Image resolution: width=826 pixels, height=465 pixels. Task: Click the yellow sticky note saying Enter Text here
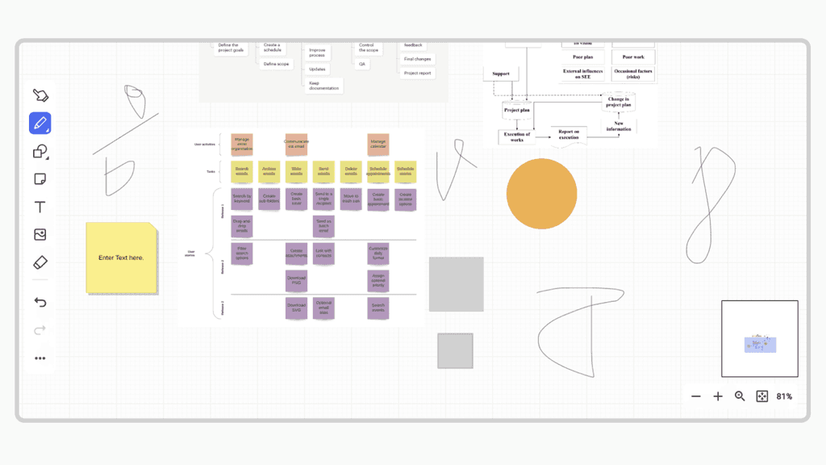[121, 258]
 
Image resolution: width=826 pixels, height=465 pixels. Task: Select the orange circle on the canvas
[541, 194]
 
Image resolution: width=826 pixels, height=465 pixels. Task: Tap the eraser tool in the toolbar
[40, 262]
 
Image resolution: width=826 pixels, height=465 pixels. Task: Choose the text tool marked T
[40, 207]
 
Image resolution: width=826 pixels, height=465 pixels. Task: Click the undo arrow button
[40, 303]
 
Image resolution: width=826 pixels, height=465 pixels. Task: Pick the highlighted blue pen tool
[40, 124]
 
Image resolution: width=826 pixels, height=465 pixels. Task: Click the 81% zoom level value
[784, 396]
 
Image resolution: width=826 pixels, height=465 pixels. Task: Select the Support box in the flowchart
[501, 74]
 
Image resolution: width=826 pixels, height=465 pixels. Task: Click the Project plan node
[516, 110]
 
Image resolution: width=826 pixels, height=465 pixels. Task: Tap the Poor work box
[633, 57]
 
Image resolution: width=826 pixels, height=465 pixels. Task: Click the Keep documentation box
[324, 85]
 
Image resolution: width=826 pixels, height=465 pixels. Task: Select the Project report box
[417, 73]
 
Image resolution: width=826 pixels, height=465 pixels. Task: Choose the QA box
[363, 64]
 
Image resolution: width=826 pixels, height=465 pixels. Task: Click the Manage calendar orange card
[378, 144]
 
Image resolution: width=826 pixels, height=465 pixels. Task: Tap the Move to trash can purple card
[351, 199]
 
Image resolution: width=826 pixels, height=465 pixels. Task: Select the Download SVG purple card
[296, 308]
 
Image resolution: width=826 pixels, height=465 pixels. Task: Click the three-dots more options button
[40, 358]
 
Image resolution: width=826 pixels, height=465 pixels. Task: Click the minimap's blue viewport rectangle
[760, 345]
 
